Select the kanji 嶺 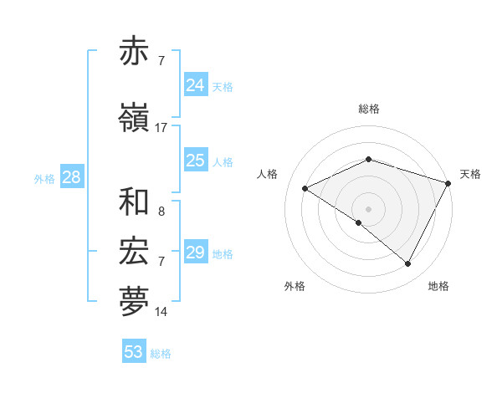tap(135, 119)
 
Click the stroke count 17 tap(161, 128)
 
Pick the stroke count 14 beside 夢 tap(161, 312)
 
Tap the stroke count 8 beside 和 tap(161, 212)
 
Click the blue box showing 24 tap(196, 85)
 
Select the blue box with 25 tap(196, 161)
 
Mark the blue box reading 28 tap(71, 177)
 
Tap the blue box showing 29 tap(196, 253)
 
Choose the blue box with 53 tap(134, 352)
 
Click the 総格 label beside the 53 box tap(161, 354)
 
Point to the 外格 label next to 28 tap(44, 179)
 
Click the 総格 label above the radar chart tap(368, 109)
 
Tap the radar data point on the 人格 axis tap(305, 189)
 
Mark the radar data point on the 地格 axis tap(407, 264)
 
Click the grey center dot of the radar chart tap(368, 208)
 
